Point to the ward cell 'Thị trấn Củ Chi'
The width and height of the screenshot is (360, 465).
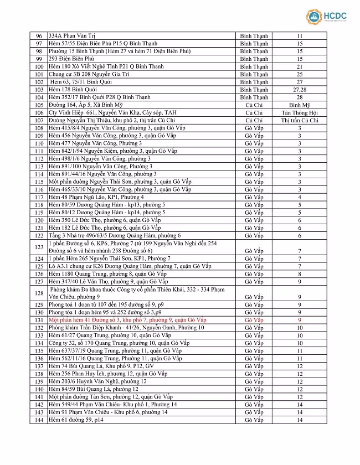point(299,120)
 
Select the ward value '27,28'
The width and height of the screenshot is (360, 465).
point(299,89)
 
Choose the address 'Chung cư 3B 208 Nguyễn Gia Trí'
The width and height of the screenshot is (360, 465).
point(91,74)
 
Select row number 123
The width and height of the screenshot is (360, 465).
point(39,247)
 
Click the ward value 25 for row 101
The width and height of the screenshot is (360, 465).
point(299,74)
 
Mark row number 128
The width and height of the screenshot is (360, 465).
point(39,293)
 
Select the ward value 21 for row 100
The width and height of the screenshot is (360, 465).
point(299,66)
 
